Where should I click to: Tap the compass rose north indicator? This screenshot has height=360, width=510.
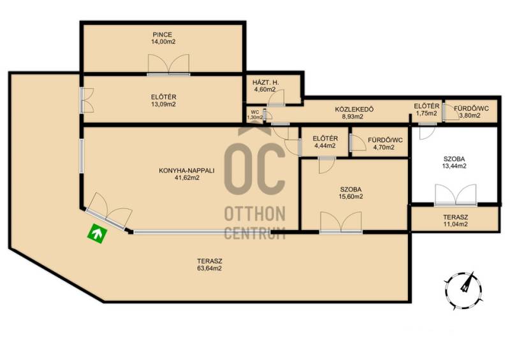[464, 289]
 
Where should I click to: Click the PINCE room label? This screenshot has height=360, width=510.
[163, 34]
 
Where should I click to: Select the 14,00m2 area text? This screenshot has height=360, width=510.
[163, 41]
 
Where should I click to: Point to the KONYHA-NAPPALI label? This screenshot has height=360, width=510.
[186, 170]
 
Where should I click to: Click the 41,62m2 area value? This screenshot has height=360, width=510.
[187, 178]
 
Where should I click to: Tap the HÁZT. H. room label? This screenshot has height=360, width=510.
[265, 82]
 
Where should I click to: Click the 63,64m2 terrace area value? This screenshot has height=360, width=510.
[210, 268]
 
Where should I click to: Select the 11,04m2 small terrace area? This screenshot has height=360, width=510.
[455, 224]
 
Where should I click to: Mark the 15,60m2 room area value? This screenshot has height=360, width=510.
[351, 196]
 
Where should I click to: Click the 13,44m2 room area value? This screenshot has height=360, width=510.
[454, 166]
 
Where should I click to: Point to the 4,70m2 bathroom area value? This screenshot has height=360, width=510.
[385, 147]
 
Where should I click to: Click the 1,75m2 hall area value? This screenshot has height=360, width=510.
[427, 113]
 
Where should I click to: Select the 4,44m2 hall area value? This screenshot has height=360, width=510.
[325, 146]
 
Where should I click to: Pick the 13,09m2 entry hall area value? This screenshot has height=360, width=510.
[163, 104]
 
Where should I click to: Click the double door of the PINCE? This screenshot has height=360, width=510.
[168, 65]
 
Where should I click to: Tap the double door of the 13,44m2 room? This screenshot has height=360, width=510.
[456, 195]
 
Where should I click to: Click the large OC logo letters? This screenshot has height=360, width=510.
[254, 169]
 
